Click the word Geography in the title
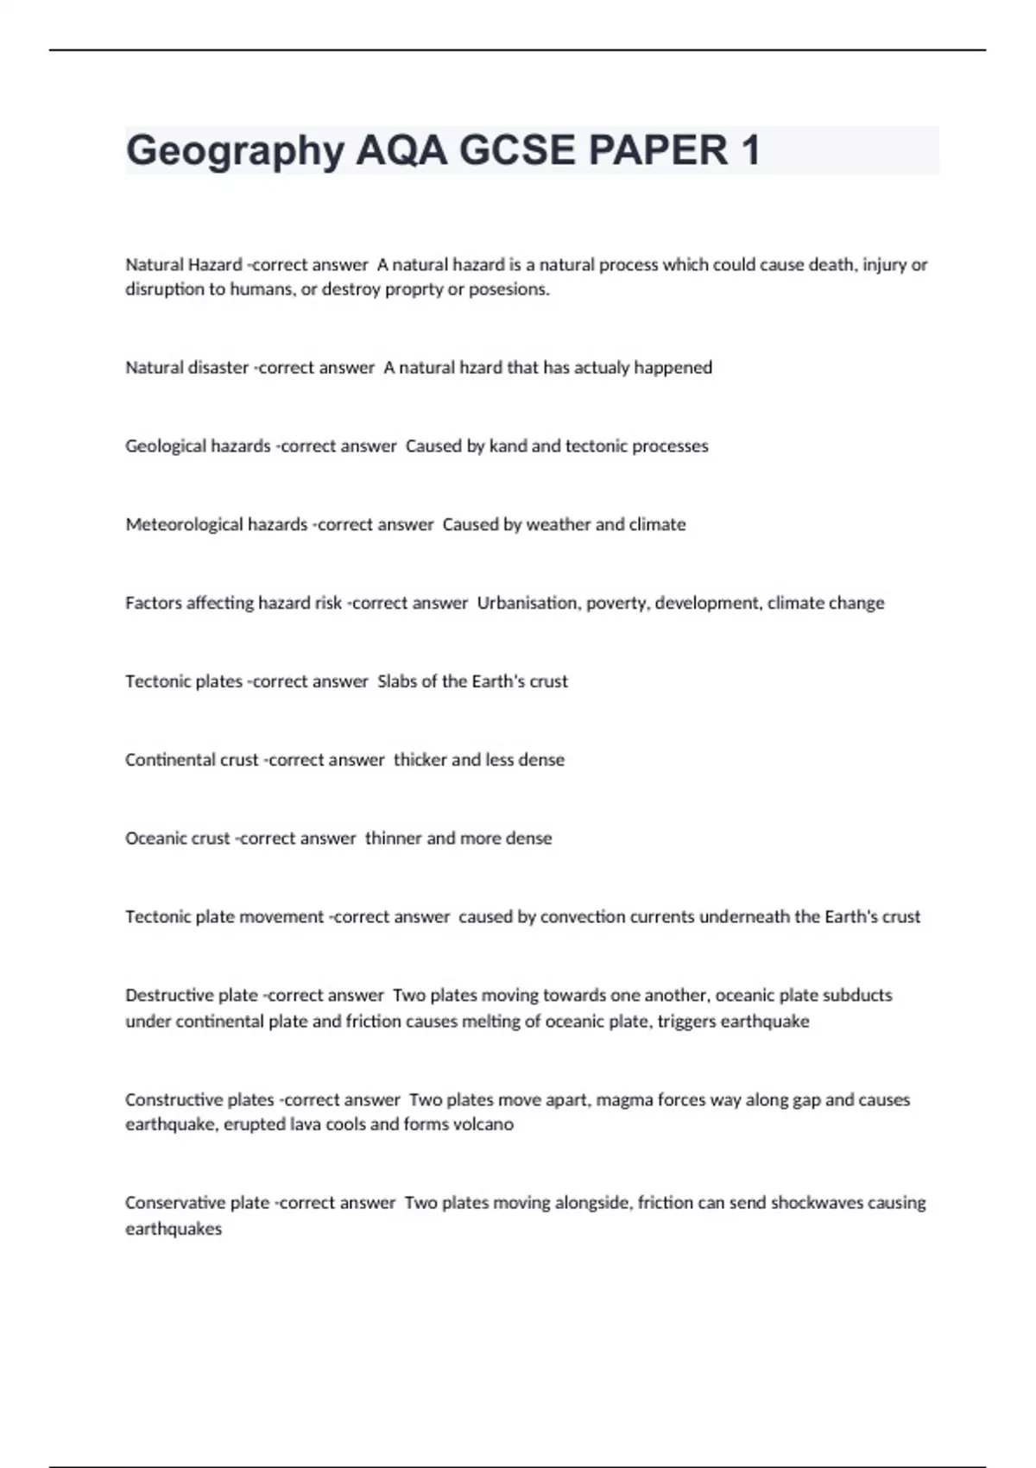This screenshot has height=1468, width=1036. coord(235,151)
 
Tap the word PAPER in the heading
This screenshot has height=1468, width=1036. coord(657,151)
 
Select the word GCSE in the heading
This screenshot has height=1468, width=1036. coord(516,151)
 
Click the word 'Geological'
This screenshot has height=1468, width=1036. coord(164,446)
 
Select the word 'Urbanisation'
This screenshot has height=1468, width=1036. coord(527,603)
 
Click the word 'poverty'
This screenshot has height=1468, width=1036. coord(617,603)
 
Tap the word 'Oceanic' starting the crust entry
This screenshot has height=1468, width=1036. coord(152,838)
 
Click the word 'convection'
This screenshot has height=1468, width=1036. coord(583,917)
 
